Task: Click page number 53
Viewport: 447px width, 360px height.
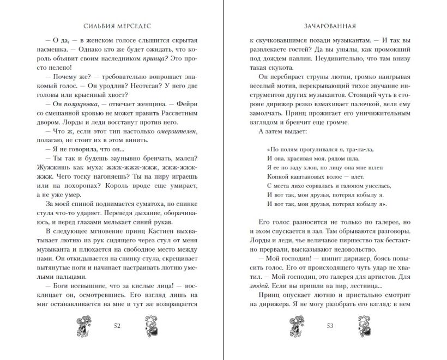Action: click(329, 326)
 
